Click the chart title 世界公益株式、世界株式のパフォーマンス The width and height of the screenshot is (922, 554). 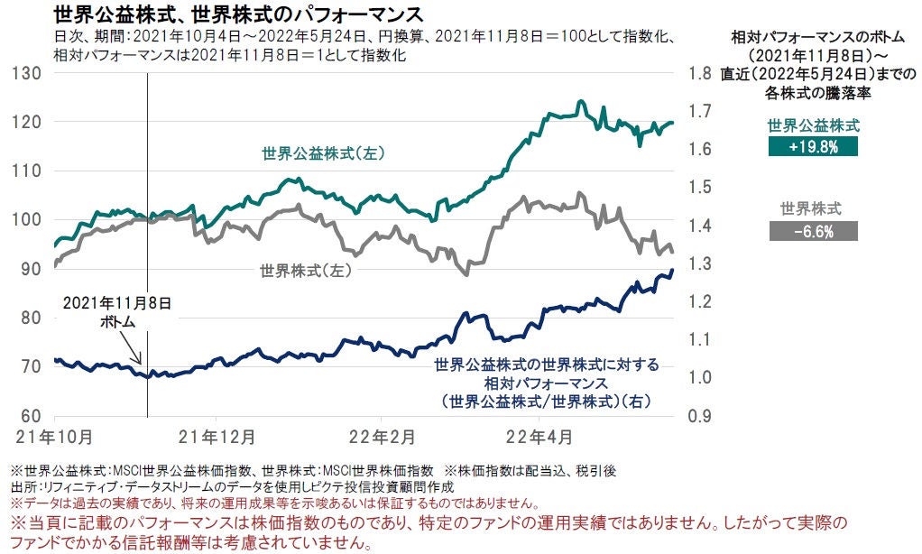tap(239, 15)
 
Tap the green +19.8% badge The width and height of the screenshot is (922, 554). tap(813, 145)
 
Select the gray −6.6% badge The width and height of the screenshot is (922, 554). tap(813, 231)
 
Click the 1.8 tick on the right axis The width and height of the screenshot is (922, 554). tap(701, 73)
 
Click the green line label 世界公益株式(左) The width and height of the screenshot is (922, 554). tap(323, 153)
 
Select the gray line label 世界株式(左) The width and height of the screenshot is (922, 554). tap(304, 270)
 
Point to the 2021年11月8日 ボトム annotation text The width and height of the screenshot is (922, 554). tap(117, 311)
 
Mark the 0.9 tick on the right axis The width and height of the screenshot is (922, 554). tap(701, 417)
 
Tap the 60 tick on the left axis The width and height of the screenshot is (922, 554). tap(32, 416)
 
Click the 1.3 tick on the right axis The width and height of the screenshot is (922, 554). tap(701, 263)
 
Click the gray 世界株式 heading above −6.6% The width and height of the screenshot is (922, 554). tap(811, 209)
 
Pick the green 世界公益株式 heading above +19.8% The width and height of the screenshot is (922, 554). tap(813, 125)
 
